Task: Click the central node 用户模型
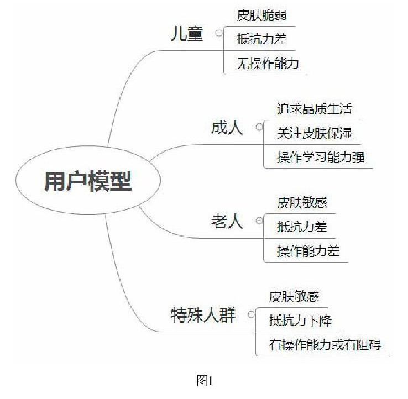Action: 88,181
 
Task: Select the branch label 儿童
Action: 187,34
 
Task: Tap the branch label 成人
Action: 227,128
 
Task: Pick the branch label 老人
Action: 227,222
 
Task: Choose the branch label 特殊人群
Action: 203,316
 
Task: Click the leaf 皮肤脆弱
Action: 261,16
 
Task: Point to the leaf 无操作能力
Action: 268,64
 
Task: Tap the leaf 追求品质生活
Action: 314,109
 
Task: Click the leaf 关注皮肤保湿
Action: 314,133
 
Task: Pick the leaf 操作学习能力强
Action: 321,158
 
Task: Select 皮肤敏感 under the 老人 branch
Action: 302,203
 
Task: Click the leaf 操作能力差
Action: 308,251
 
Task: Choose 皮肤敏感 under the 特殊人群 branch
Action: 294,297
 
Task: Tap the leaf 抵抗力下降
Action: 300,321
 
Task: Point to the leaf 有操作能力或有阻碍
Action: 325,345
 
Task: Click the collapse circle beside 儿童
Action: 219,33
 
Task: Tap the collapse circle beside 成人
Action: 259,127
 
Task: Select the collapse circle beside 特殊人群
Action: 251,314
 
